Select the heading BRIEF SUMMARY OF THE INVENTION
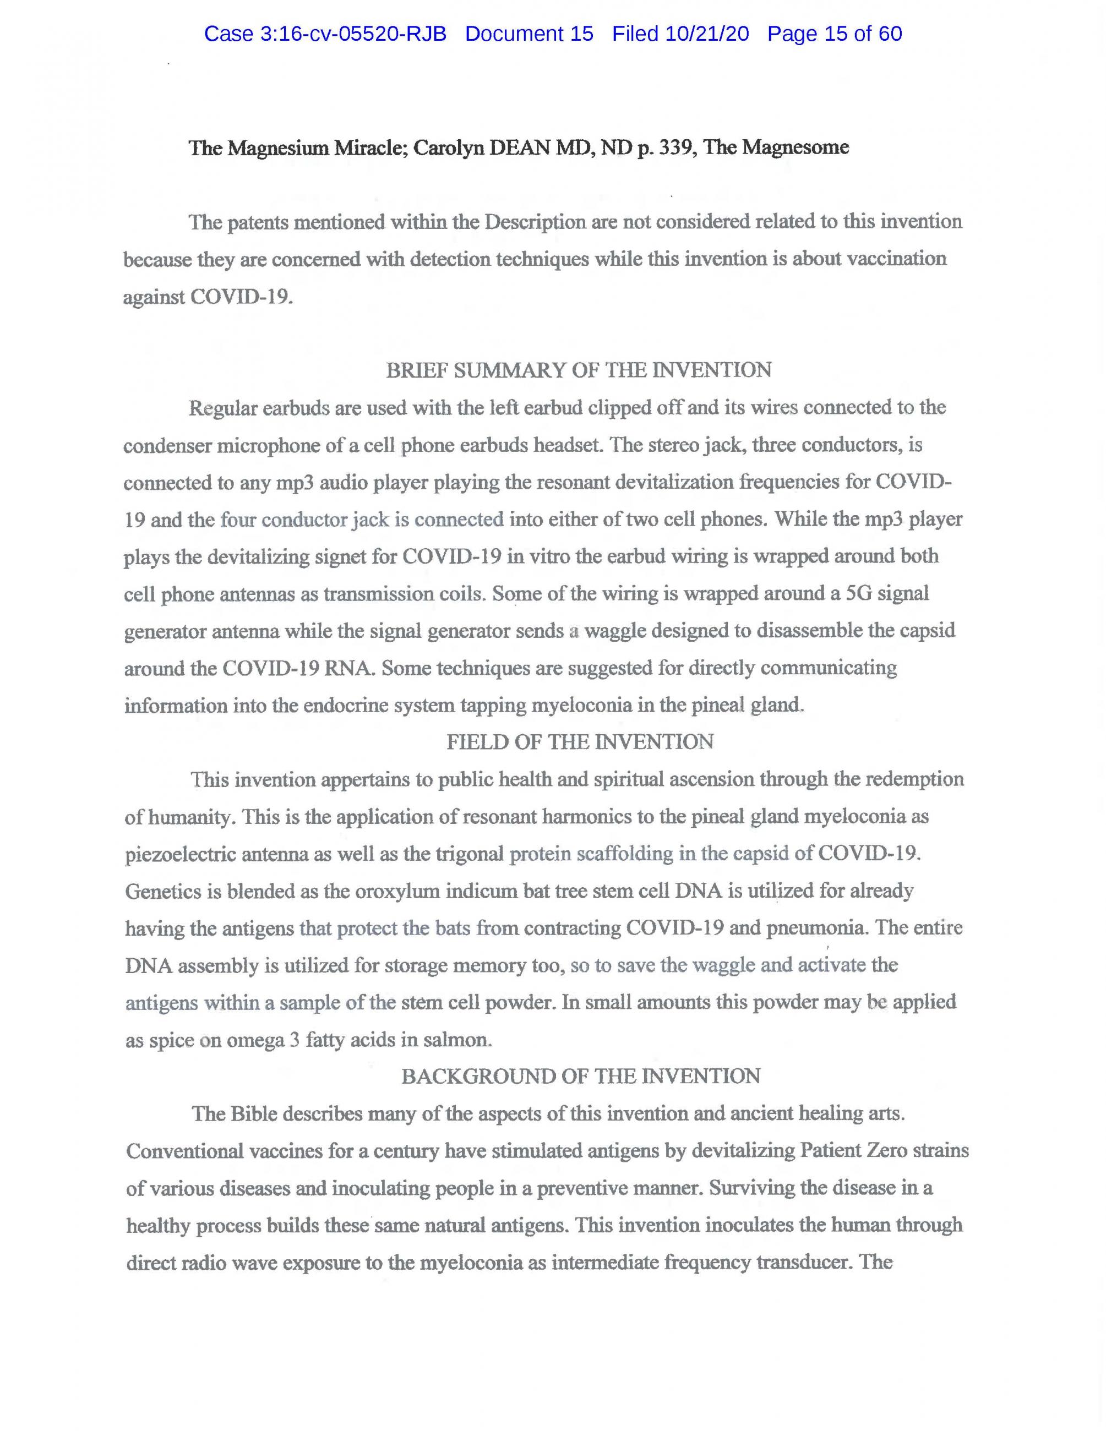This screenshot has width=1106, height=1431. (x=579, y=370)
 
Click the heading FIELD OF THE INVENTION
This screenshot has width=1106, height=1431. (x=580, y=742)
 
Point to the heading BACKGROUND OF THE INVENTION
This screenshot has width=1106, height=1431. (x=580, y=1076)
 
